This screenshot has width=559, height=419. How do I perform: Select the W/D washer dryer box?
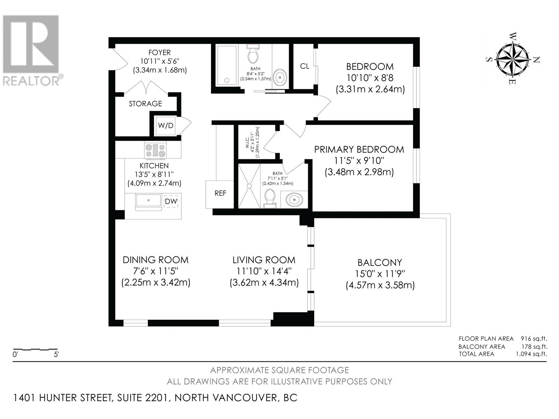click(166, 125)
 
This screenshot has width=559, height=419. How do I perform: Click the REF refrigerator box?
click(220, 194)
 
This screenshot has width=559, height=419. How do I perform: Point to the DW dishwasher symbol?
click(171, 201)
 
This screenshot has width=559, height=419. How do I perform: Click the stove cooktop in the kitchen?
click(155, 150)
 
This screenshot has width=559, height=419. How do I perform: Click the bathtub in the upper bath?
click(227, 65)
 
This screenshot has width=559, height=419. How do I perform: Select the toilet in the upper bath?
click(253, 54)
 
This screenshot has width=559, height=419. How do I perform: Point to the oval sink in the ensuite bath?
click(294, 200)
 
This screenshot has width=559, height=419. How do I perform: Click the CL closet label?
click(305, 66)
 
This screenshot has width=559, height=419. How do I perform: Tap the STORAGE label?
click(145, 104)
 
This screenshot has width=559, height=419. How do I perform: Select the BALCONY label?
click(380, 262)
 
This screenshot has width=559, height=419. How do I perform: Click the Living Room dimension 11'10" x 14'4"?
click(264, 271)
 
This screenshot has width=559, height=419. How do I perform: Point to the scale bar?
click(35, 349)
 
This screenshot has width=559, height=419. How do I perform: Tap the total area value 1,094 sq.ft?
click(531, 354)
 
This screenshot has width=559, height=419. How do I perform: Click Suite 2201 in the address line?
click(143, 398)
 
